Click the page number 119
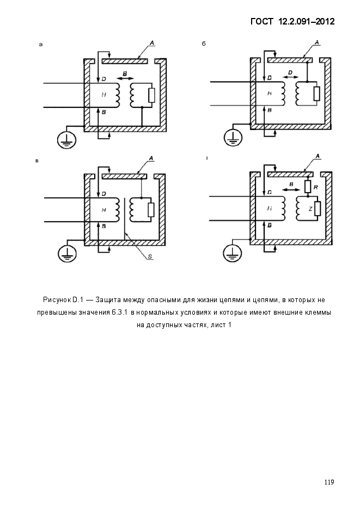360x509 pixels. pos(329,482)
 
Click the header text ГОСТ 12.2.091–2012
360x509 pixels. pos(292,21)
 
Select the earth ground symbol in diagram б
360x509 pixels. pos(233,138)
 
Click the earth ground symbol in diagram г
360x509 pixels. pos(233,252)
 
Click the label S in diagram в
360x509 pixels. pos(150,256)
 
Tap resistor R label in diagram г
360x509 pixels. pos(316,187)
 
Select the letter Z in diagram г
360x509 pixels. pos(310,208)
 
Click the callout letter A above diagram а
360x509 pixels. pos(151,42)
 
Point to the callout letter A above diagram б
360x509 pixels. pos(317,42)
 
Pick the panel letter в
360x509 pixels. pos(36,161)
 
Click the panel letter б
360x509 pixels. pos(204,44)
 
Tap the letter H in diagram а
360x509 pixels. pos(103,95)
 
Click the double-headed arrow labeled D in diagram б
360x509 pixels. pos(291,77)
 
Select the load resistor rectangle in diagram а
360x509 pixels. pos(151,95)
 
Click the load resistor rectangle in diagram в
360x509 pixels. pos(151,210)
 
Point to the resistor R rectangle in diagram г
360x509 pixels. pos(307,186)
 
